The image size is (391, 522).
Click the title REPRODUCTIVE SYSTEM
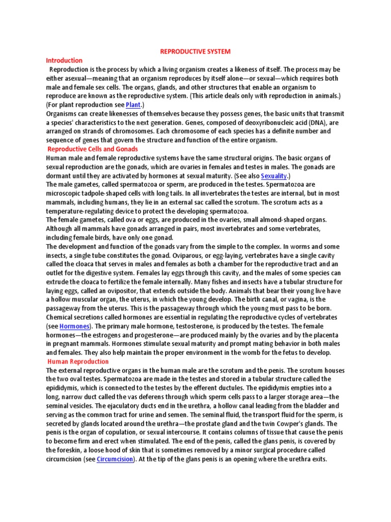(x=195, y=51)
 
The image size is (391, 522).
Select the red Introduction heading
(x=64, y=60)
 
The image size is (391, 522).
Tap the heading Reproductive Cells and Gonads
(x=92, y=149)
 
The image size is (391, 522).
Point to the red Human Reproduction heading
(x=78, y=361)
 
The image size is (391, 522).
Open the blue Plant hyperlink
(x=133, y=105)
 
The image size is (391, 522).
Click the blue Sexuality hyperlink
(x=274, y=175)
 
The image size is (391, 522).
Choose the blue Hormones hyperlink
(x=75, y=326)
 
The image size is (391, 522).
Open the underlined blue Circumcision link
(x=115, y=459)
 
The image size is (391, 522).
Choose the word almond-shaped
(x=287, y=220)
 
